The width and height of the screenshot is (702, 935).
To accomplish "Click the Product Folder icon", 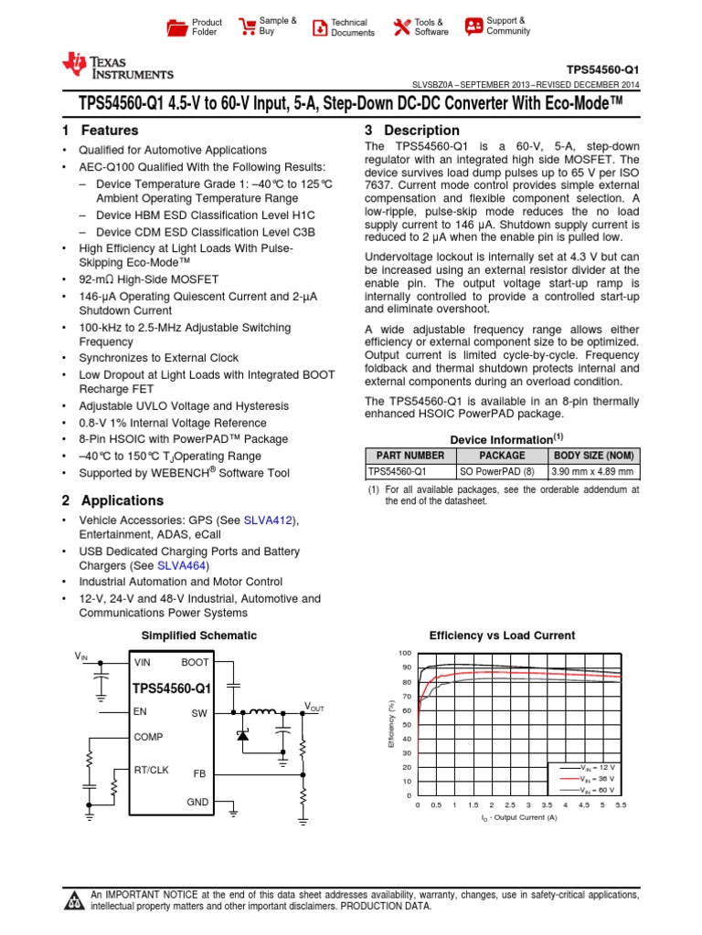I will click(x=176, y=27).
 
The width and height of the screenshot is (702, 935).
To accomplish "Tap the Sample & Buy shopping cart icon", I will click(x=247, y=26).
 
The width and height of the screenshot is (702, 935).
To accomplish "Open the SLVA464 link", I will click(x=183, y=566).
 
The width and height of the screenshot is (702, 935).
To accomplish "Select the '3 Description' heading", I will click(x=411, y=131).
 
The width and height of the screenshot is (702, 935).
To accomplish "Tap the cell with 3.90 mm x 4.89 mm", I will click(x=593, y=472).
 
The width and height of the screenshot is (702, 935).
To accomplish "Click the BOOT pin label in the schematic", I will click(x=196, y=662).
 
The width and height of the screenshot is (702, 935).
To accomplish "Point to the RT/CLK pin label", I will click(x=151, y=770).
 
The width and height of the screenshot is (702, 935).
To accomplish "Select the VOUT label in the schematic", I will click(x=314, y=708).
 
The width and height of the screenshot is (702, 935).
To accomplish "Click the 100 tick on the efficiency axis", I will click(x=405, y=653).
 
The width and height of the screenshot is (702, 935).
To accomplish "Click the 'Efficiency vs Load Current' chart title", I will click(x=502, y=636).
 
